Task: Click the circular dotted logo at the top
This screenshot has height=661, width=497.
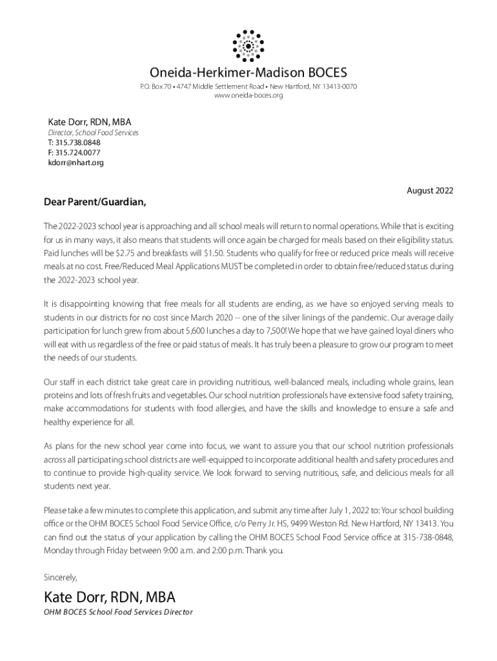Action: click(x=249, y=45)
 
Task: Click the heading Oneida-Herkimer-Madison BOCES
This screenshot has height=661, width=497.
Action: click(x=249, y=72)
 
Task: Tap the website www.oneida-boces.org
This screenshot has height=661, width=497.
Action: click(x=249, y=96)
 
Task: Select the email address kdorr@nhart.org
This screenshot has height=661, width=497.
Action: click(x=76, y=163)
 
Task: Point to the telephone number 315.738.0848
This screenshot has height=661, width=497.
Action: click(x=77, y=143)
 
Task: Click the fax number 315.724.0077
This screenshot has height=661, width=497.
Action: click(x=77, y=152)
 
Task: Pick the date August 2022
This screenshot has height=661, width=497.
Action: click(x=429, y=191)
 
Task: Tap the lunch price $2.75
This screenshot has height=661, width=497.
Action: click(x=121, y=254)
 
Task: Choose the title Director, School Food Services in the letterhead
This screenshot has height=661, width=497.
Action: click(x=94, y=133)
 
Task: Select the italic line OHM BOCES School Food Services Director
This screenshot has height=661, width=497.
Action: click(x=118, y=612)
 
